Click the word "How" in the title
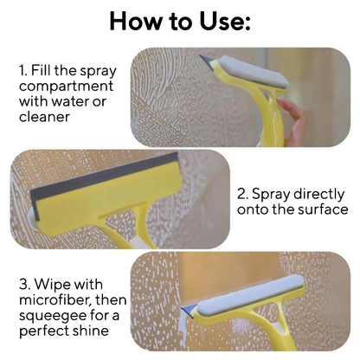[x=134, y=22]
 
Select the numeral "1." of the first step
[x=22, y=70]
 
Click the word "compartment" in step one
[x=67, y=87]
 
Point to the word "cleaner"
[x=44, y=117]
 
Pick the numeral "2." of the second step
[x=242, y=194]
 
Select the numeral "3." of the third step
[x=25, y=284]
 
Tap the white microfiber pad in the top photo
[x=253, y=71]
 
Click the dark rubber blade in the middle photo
[x=105, y=177]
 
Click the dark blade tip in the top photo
[x=206, y=61]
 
